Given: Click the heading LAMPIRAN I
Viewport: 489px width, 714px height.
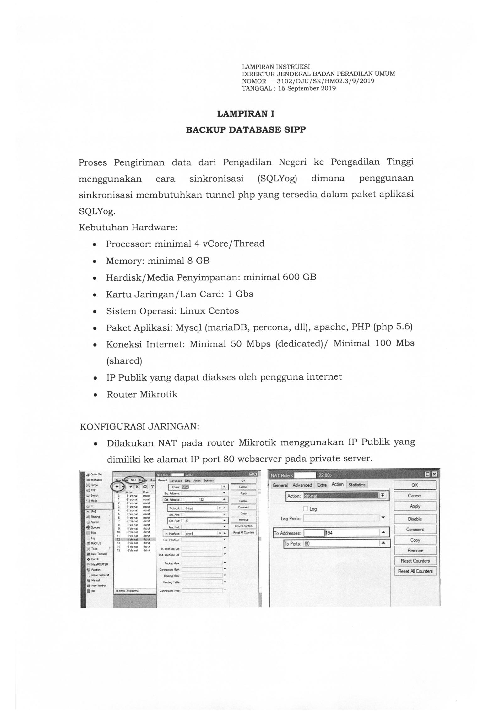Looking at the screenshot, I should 246,114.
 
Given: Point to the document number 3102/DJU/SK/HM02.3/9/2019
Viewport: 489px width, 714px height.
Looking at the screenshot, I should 325,81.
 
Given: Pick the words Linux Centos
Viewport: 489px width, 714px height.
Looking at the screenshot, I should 209,311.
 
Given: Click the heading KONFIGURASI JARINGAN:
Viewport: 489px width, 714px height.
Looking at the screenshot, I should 139,426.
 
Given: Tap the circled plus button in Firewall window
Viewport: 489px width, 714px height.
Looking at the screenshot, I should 117,486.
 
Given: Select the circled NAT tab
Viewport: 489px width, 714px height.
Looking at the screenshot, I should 133,480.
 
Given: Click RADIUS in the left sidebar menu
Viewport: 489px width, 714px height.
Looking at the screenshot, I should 96,543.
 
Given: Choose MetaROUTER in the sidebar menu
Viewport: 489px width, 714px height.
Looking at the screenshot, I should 99,564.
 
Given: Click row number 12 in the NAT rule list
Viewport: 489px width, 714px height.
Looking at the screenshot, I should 119,539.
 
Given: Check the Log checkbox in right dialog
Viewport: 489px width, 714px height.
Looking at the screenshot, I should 305,509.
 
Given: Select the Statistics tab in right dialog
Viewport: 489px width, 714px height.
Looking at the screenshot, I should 356,485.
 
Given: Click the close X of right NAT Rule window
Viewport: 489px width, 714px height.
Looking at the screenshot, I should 434,474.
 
